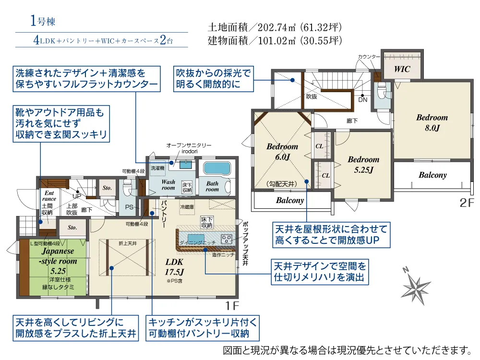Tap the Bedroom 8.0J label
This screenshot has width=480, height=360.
[432, 122]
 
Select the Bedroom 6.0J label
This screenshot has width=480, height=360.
[282, 152]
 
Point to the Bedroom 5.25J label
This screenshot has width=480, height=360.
[363, 164]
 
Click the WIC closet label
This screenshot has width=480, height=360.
[402, 69]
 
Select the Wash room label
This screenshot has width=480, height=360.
[168, 185]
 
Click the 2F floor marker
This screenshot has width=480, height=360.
[466, 203]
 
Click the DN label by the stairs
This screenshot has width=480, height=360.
[363, 100]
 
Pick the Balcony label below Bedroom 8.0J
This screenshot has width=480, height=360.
[432, 175]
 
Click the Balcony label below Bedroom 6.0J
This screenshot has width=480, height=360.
[290, 200]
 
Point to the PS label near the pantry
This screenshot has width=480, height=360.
[129, 207]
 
